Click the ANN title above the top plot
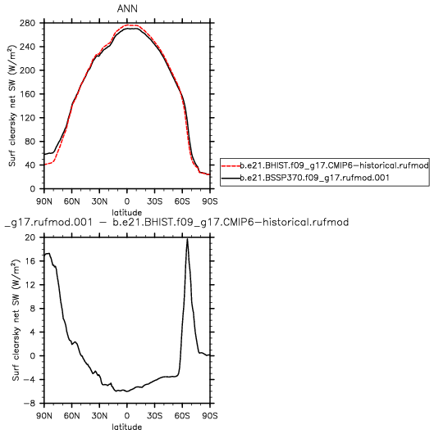point(127,8)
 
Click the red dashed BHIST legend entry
point(325,165)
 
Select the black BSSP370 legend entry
point(305,178)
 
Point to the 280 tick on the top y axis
point(27,23)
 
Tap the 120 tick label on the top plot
point(27,118)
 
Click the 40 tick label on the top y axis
point(30,165)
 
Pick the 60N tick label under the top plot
point(72,201)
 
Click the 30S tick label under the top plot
point(154,201)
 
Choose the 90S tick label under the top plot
point(210,201)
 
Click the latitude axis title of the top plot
point(126,213)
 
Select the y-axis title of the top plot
point(12,106)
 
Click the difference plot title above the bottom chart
point(176,222)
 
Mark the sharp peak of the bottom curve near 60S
point(188,239)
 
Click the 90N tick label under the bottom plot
point(44,415)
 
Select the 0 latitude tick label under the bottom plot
point(127,415)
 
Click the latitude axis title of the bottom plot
point(126,427)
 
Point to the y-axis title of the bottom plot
point(16,320)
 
